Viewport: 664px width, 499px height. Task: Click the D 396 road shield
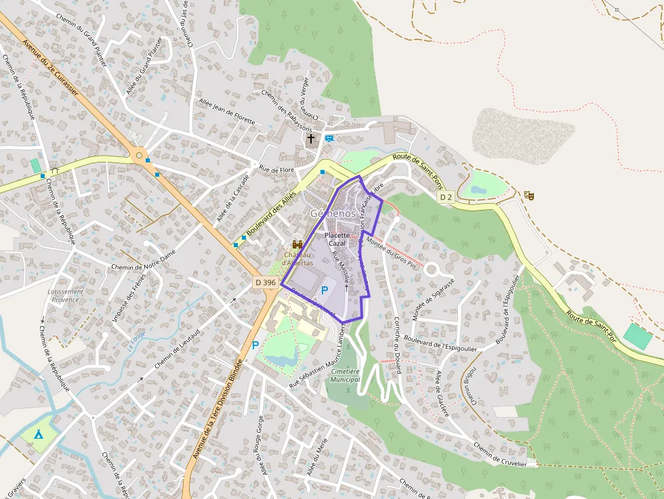(266, 281)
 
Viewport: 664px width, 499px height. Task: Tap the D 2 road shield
(445, 197)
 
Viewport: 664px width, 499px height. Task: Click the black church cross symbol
(311, 139)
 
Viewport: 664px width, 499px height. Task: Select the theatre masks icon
(529, 195)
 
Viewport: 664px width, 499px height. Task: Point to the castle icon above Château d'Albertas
(296, 244)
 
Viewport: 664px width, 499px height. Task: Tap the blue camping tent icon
(39, 433)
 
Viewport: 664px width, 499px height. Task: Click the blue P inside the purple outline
(324, 290)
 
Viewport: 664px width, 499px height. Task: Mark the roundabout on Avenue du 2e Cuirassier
(139, 156)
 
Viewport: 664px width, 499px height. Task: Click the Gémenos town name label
(333, 213)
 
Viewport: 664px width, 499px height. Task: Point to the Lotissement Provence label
(66, 296)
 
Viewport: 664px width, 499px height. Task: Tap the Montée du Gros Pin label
(390, 253)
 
